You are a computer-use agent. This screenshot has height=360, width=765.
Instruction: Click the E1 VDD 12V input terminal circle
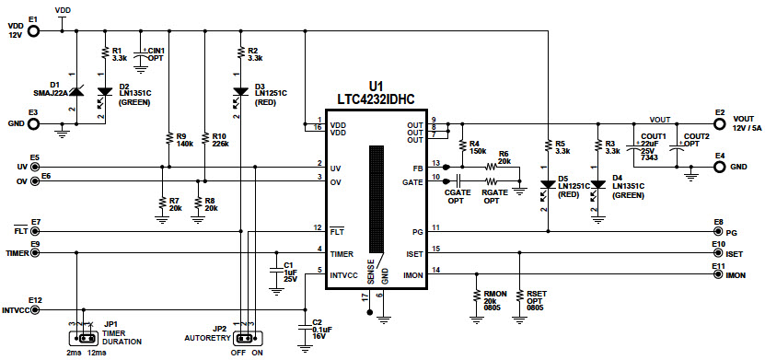point(34,30)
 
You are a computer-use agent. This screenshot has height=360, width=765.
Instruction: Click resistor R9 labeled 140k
point(168,139)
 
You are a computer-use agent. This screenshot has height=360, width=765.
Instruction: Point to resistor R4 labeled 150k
point(459,147)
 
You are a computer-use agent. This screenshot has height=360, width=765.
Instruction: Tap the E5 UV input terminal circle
point(35,167)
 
